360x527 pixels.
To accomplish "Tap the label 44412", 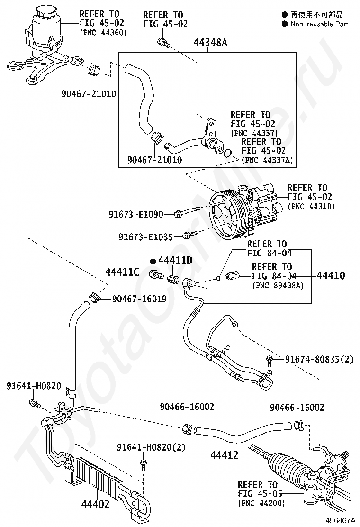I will [225, 455].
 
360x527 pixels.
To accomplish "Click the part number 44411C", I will [122, 272].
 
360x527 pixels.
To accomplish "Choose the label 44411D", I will [175, 260].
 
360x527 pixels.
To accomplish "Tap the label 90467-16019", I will [139, 299].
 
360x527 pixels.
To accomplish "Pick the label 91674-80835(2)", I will [319, 359].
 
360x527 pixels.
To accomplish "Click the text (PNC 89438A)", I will [278, 285].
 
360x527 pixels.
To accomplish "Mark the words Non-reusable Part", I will [319, 24].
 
